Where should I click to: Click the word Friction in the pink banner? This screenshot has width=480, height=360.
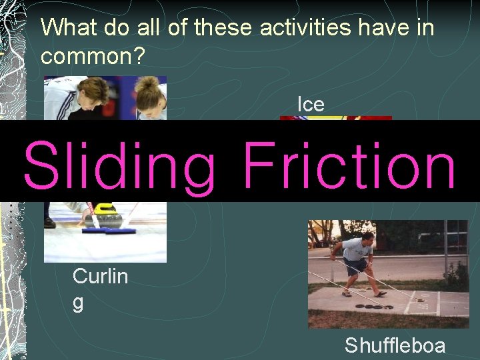[349, 163]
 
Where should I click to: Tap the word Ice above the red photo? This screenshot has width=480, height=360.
[311, 104]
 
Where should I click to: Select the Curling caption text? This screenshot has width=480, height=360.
[99, 288]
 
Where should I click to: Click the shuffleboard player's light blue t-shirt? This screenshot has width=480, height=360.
[358, 249]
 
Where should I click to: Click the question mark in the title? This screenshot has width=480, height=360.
[139, 56]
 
